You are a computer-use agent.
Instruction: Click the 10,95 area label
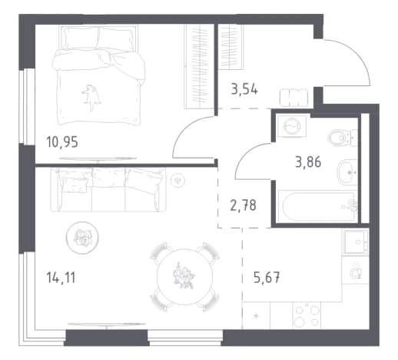click(62, 142)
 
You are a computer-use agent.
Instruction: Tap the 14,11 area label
click(61, 278)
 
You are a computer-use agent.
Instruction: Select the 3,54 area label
click(244, 89)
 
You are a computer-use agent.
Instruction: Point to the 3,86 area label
click(308, 162)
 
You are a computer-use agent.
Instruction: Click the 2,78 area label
click(243, 205)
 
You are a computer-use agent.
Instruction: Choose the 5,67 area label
click(267, 278)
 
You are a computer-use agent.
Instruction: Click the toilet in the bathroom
click(343, 138)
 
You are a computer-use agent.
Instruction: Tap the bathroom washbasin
click(347, 172)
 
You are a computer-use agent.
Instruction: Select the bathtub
click(318, 205)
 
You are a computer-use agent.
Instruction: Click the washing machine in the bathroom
click(292, 126)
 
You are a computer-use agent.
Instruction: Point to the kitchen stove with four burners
click(307, 315)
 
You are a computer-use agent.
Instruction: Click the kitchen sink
click(356, 242)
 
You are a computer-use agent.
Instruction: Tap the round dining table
click(184, 277)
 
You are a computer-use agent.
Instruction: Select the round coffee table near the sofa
click(82, 238)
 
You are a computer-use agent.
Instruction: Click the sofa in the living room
click(108, 190)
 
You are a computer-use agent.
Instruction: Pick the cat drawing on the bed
click(91, 97)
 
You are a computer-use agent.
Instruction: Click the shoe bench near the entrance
click(294, 98)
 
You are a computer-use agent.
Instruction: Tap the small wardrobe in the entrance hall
click(231, 47)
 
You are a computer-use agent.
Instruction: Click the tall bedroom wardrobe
click(199, 66)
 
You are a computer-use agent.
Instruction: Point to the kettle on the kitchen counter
click(356, 272)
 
